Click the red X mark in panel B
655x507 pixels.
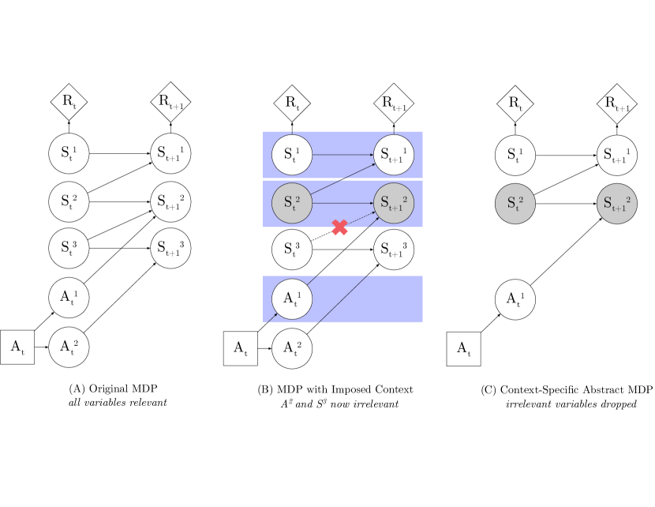tap(339, 227)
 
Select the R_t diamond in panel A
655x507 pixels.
tap(69, 101)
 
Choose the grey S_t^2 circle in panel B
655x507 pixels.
tap(292, 201)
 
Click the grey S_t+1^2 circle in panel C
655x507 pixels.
tap(617, 201)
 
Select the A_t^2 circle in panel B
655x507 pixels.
tap(292, 347)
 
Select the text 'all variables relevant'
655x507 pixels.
tap(118, 404)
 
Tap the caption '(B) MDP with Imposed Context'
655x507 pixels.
tap(335, 389)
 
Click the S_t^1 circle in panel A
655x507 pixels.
tap(69, 153)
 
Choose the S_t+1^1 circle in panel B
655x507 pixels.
tap(394, 153)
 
